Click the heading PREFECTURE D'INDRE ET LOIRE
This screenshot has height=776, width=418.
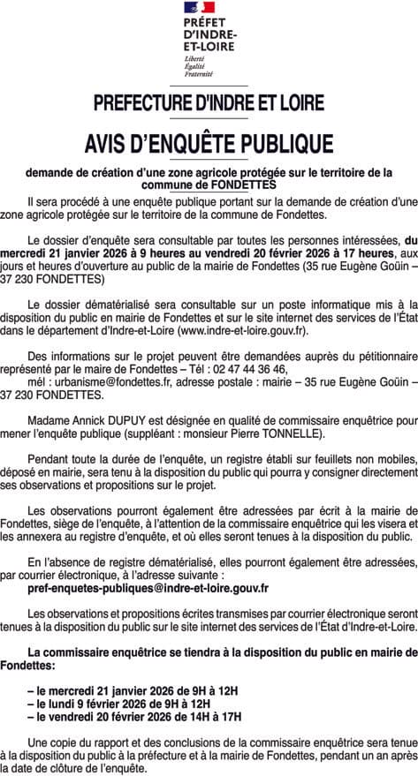point(209,102)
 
